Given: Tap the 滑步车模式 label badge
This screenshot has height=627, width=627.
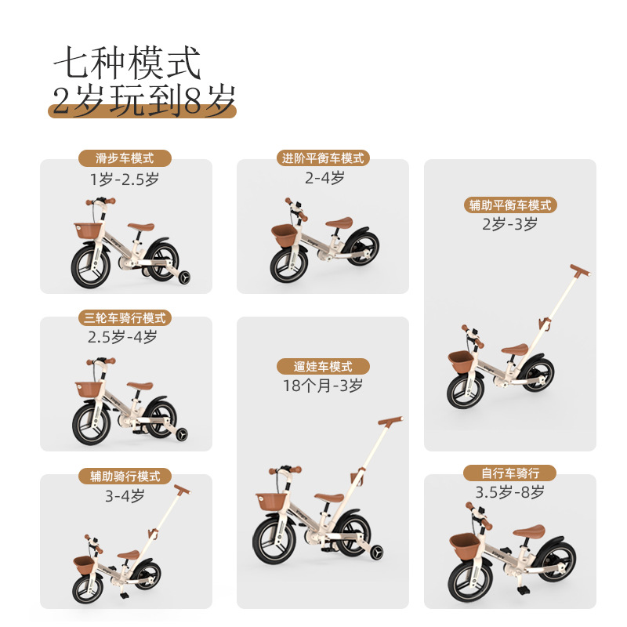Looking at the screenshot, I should (125, 159).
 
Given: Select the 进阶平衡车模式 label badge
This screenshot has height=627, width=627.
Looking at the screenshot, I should (323, 158).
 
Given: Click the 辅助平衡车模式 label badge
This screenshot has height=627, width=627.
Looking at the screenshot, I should (510, 205).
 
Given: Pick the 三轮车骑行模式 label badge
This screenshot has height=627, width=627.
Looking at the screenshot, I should (125, 318).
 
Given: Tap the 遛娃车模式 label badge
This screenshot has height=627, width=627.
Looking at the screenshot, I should (323, 367).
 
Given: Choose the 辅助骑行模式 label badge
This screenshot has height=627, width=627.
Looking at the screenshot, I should (125, 477).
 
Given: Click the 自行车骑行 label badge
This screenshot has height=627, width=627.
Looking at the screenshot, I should (510, 473).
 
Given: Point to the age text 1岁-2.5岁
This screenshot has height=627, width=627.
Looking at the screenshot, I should (125, 179).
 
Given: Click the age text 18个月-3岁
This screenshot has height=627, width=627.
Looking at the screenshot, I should (323, 386).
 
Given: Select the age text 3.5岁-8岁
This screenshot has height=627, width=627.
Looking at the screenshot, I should (510, 493).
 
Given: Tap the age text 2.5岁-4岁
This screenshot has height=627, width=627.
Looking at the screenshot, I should (125, 338).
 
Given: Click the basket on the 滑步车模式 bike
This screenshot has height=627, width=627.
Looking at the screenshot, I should (89, 232).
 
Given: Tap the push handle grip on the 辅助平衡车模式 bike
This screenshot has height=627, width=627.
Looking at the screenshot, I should (578, 270).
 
